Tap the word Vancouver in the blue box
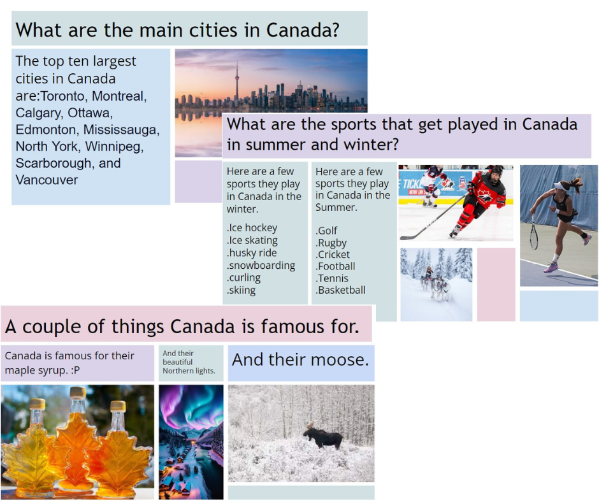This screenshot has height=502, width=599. (47, 180)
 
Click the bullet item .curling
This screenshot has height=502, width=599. (243, 278)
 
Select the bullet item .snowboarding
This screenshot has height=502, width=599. (261, 266)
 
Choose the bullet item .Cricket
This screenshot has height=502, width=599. (333, 254)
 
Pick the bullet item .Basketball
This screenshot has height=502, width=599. (340, 290)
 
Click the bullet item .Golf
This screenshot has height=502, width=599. (326, 231)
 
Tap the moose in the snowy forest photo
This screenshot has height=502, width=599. (323, 436)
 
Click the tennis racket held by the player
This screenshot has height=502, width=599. (533, 233)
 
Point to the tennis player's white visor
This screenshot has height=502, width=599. (561, 186)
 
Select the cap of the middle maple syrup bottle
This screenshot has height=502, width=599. (78, 392)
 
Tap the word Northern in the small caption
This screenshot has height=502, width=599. (178, 371)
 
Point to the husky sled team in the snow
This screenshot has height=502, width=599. (435, 283)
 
